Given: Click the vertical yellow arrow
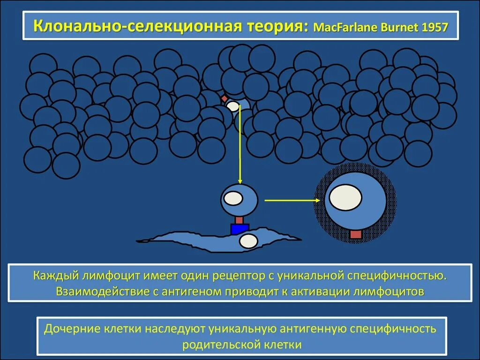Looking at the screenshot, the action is (x=240, y=145).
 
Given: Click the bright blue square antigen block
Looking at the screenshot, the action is (x=240, y=229).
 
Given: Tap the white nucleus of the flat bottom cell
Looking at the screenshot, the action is (x=248, y=241).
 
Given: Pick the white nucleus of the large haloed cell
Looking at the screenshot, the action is (x=345, y=197).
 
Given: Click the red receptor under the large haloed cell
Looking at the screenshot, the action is (x=356, y=234).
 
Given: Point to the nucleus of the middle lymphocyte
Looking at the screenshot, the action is (x=232, y=198).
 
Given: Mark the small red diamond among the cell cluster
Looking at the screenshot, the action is (x=225, y=98).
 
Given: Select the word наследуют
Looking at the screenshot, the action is (x=177, y=329).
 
